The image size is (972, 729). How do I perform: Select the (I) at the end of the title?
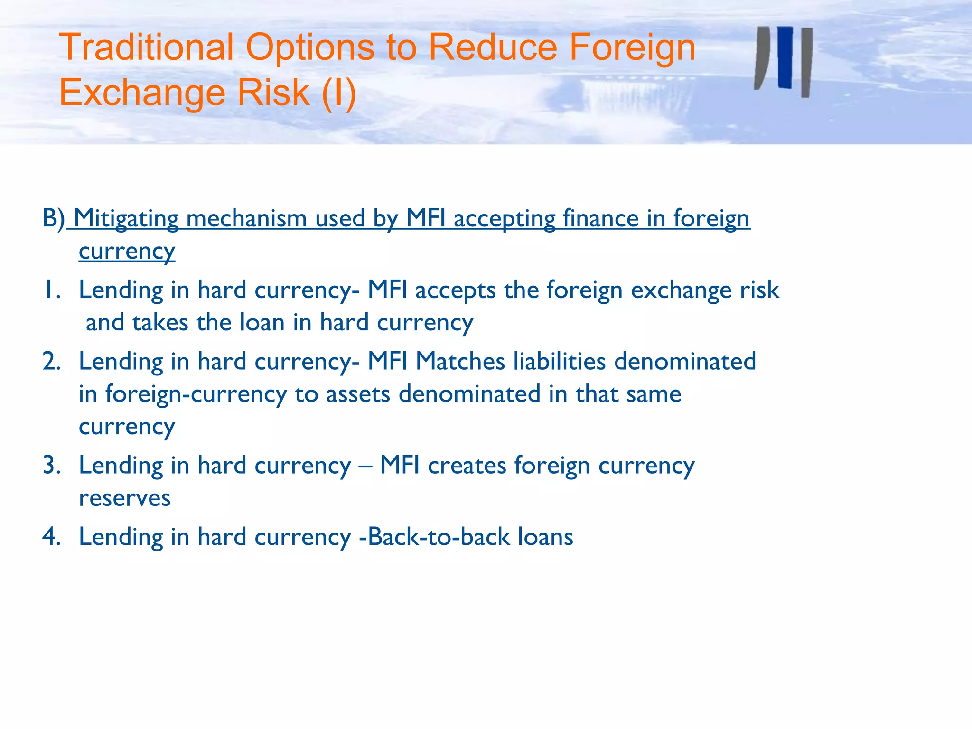[x=339, y=92]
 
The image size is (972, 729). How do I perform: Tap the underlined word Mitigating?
[x=126, y=219]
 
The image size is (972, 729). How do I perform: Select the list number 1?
[x=51, y=290]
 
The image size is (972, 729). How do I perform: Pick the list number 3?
[x=51, y=466]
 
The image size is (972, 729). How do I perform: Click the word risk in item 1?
[x=759, y=290]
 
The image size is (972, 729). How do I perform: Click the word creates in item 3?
[x=467, y=466]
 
